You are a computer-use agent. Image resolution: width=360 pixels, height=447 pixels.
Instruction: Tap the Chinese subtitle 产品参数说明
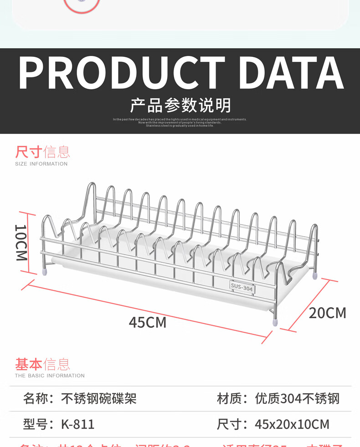(180, 105)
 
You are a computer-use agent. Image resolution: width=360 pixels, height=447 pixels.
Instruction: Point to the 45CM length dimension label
(147, 322)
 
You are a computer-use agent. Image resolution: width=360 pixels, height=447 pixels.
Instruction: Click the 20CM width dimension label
(327, 313)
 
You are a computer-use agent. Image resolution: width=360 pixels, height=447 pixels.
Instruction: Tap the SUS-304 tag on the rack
(242, 287)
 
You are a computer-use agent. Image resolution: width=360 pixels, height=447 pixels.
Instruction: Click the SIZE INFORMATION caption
(41, 164)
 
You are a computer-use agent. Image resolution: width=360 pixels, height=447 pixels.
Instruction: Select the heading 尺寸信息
(42, 152)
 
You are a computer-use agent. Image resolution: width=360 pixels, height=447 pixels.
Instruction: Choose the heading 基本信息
(42, 364)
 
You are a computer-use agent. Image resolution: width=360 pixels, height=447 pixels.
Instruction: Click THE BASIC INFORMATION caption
(50, 376)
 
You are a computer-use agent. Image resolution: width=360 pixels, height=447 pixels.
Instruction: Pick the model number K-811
(78, 424)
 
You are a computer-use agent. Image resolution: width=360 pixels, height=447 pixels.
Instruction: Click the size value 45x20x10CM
(292, 424)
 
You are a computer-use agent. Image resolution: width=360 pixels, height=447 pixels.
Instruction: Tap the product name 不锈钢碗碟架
(99, 399)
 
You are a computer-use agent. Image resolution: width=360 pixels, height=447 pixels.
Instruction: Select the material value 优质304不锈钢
(297, 399)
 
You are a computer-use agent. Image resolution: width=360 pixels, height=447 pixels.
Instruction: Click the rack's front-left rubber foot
(45, 272)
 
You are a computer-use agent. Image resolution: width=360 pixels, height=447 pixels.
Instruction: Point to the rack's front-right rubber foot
(275, 322)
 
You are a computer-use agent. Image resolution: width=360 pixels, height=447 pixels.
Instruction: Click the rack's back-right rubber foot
(315, 275)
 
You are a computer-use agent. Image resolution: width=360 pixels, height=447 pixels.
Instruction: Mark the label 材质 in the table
(229, 399)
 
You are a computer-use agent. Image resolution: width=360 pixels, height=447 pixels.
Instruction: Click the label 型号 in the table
(36, 424)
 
